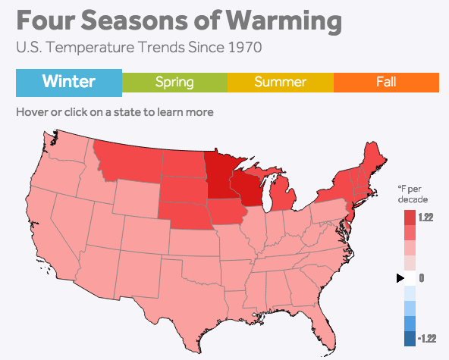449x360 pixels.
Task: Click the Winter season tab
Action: coord(68,82)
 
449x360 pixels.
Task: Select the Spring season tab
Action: coord(174,82)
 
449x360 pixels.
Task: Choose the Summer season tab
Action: coord(281,82)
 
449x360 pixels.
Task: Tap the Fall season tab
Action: coord(386,82)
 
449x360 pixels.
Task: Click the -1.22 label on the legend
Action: coord(425,338)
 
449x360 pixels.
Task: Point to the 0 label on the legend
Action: coord(421,278)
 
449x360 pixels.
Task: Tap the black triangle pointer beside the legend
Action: coord(400,278)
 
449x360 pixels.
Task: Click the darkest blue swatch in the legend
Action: coord(410,338)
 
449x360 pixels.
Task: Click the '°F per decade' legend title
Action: coord(413,193)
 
